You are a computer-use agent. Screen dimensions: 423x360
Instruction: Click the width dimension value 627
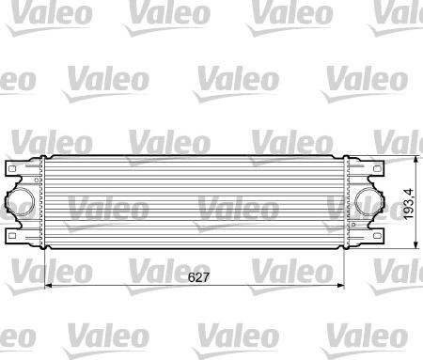[198, 277]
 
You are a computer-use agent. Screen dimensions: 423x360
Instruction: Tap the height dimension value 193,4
[408, 204]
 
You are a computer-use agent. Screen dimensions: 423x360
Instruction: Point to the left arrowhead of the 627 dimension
[49, 286]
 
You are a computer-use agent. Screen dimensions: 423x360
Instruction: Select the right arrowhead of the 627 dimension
[341, 286]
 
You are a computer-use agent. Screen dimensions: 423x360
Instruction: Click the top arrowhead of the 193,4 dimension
[415, 159]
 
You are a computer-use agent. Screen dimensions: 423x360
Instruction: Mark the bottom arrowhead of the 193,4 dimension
[415, 245]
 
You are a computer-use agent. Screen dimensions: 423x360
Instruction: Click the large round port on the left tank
[20, 202]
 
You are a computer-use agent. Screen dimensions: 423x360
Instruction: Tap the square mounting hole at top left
[12, 169]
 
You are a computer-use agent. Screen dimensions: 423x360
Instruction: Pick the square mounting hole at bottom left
[12, 235]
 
